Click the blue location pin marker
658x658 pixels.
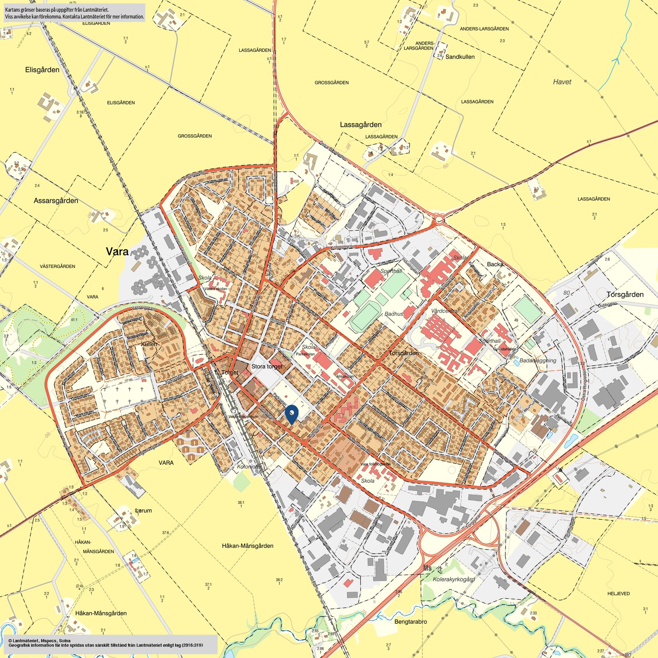[292, 414]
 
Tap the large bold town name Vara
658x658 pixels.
[117, 252]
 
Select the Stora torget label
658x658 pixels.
[267, 366]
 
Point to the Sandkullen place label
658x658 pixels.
[460, 57]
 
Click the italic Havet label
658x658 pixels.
[562, 82]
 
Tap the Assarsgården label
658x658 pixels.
[56, 201]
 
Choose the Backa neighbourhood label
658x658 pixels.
[495, 264]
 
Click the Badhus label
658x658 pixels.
[394, 314]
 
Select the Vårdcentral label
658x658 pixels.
[445, 311]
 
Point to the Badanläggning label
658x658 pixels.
[538, 361]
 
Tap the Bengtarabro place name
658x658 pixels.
[410, 622]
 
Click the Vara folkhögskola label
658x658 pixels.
[375, 464]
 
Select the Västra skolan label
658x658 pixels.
[215, 289]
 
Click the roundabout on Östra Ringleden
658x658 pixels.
[439, 219]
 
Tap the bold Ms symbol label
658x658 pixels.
[428, 568]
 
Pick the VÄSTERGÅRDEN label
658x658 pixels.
[58, 266]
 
